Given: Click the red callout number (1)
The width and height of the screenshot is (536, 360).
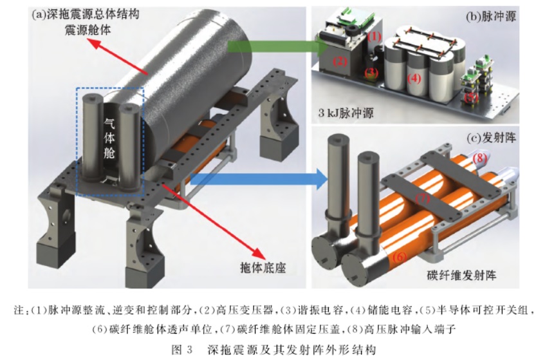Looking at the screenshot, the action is [374, 36].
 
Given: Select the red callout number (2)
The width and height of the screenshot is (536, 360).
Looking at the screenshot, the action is [340, 61].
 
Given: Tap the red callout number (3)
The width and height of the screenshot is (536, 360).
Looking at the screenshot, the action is [371, 73].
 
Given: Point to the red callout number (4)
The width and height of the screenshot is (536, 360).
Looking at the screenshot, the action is [414, 79].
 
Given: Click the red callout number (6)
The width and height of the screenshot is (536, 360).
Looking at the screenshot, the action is [399, 256].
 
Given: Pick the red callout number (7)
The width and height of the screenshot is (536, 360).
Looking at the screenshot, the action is [423, 198].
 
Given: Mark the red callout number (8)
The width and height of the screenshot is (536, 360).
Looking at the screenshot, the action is [479, 158].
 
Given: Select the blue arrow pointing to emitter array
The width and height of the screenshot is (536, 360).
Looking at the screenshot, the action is [259, 178].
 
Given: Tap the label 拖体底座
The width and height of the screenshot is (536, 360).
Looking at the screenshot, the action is [263, 267].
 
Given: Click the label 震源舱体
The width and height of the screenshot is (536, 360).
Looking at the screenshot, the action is [88, 30].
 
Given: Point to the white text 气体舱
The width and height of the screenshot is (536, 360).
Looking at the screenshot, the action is [109, 138].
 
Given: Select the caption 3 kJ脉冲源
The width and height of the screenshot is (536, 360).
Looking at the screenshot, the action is [346, 113].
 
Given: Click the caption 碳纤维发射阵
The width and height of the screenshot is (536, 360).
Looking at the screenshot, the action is [461, 275].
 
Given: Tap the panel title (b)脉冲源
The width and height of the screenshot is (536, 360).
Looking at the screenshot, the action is [491, 17].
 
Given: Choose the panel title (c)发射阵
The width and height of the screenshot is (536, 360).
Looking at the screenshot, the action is [491, 138].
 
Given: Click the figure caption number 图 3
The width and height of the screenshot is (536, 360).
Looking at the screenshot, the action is [182, 350].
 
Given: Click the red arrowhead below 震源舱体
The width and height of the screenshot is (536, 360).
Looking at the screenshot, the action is [95, 44].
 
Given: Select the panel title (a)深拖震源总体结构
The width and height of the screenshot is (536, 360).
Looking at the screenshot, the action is [86, 14].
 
